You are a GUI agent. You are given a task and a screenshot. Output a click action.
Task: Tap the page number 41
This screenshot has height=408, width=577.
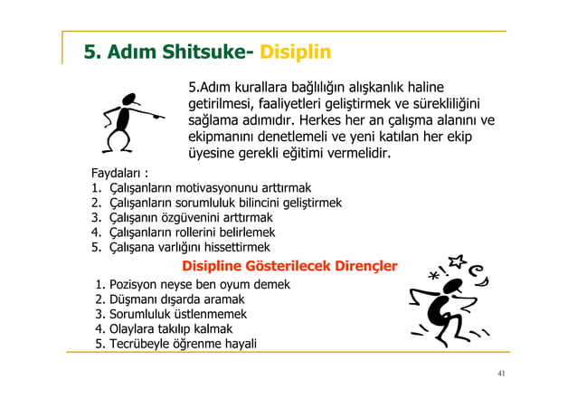pos(499,373)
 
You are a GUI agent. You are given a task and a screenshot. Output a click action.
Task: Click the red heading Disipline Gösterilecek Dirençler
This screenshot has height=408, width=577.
pos(289,266)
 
